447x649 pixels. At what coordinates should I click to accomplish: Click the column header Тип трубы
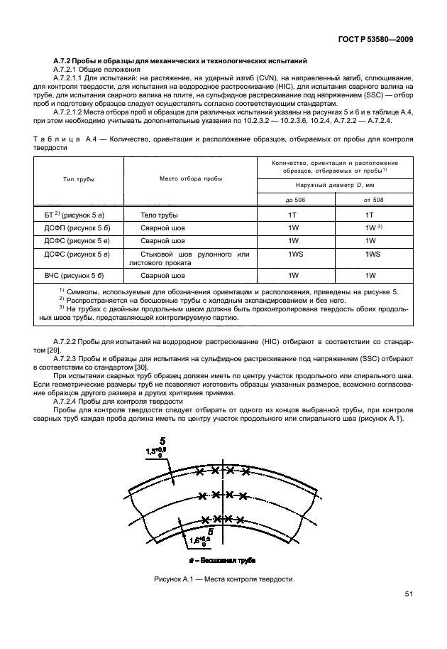pos(79,181)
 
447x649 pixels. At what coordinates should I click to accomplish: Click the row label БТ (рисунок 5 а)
pos(74,214)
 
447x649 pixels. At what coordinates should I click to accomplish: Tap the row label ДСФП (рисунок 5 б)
pos(77,228)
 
